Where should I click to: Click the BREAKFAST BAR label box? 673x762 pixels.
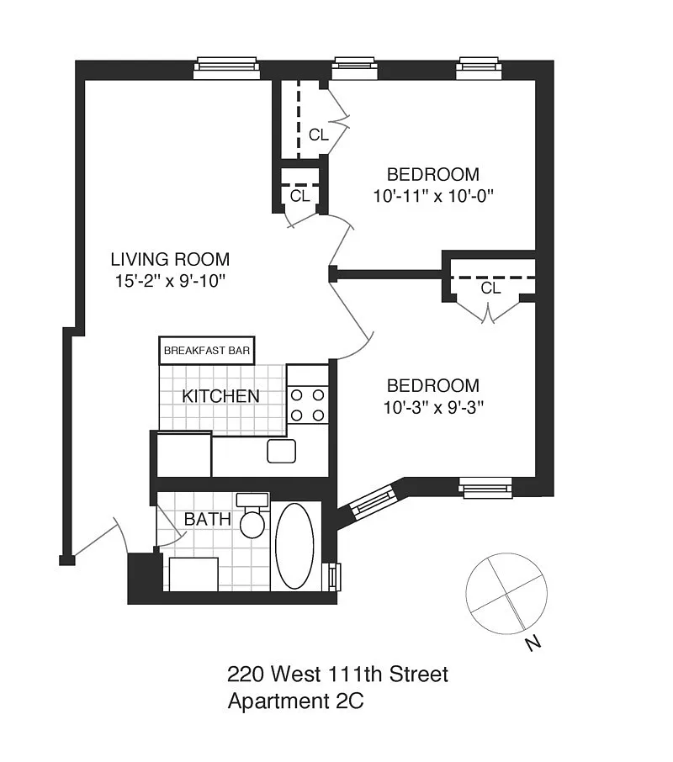click(x=207, y=351)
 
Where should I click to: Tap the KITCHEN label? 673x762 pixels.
click(x=220, y=396)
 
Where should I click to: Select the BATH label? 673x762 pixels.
click(x=208, y=519)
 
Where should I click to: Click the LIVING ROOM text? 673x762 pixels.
click(x=170, y=259)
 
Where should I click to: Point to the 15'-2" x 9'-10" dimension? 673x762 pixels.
click(x=170, y=280)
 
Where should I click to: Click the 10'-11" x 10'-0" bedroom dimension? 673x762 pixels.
click(x=433, y=196)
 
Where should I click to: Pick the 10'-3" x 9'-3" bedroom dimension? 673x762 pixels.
click(x=433, y=407)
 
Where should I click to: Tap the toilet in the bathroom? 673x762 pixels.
click(x=252, y=516)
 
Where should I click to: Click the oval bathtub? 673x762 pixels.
click(x=294, y=546)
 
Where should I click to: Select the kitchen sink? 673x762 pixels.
click(x=281, y=451)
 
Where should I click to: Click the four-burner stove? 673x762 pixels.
click(x=308, y=405)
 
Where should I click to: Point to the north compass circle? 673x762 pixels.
click(x=506, y=594)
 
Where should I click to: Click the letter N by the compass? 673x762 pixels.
click(x=533, y=644)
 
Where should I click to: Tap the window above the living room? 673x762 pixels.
click(x=226, y=68)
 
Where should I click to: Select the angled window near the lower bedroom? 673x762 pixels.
click(x=374, y=502)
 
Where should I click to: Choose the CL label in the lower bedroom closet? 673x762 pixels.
click(x=490, y=288)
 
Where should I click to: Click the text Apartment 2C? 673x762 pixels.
click(x=295, y=701)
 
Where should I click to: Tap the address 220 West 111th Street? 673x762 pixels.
click(x=337, y=674)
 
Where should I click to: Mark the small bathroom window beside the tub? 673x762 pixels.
click(x=334, y=577)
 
